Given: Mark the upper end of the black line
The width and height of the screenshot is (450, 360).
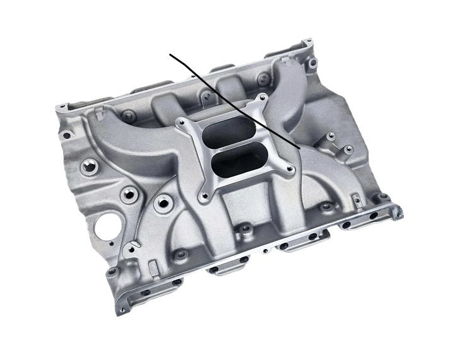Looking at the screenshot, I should (x=170, y=55).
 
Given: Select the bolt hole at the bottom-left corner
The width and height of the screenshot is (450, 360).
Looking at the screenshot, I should (x=113, y=271).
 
